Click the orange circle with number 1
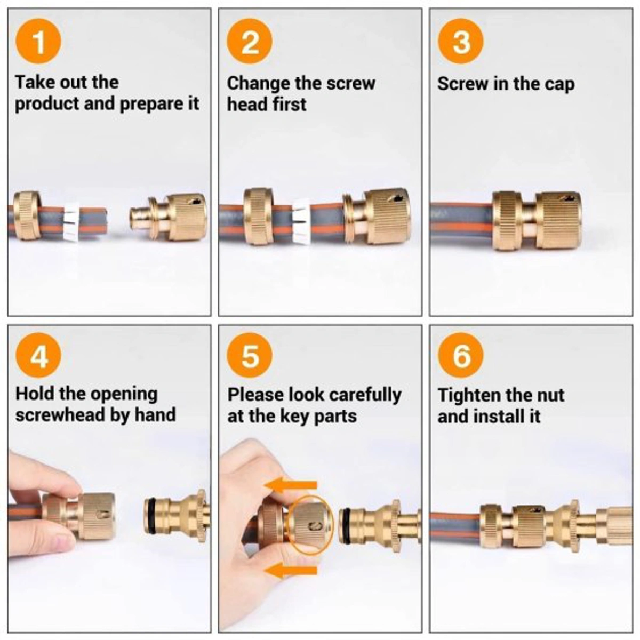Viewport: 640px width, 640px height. [x=38, y=41]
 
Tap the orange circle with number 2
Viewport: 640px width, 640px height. [x=250, y=41]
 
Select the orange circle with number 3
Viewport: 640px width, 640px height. [x=461, y=41]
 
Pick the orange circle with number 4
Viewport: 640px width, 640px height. [x=38, y=356]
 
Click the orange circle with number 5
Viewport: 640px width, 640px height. [x=250, y=356]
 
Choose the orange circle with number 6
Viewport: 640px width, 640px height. [x=461, y=356]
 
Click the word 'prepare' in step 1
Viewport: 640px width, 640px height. [x=151, y=104]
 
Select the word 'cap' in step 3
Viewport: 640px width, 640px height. [x=559, y=84]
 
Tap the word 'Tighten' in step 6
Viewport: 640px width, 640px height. [x=469, y=395]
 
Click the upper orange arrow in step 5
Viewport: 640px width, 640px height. [x=292, y=484]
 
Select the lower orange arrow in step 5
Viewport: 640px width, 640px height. [x=292, y=571]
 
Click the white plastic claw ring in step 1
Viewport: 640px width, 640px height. [x=71, y=221]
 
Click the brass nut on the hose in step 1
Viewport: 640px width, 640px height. [x=26, y=215]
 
